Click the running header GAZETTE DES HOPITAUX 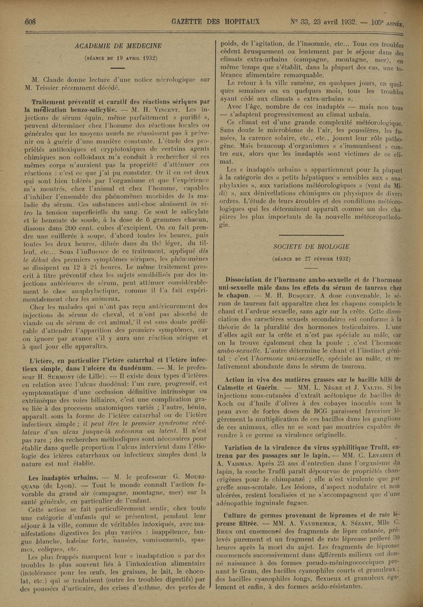216,22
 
